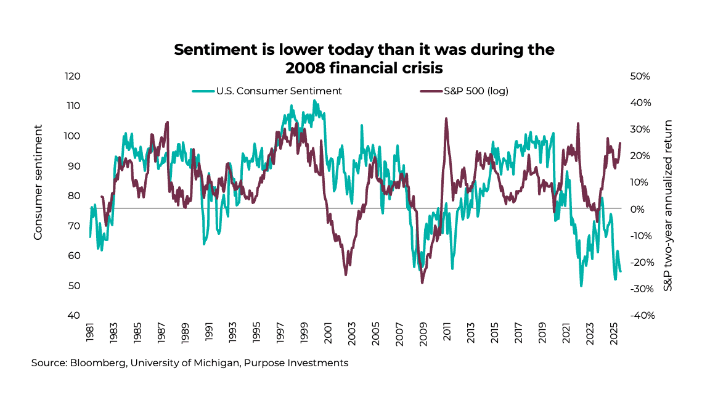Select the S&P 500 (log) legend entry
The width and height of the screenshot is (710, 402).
pos(475,91)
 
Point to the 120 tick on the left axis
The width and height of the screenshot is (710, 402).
pos(73,76)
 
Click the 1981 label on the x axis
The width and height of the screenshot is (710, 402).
pos(91,333)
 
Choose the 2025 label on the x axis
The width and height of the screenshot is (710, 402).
pos(613,333)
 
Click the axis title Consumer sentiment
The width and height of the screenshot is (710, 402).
pos(38,182)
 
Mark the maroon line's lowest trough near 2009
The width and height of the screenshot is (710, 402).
pos(422,283)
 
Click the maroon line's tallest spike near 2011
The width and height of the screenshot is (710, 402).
pos(446,118)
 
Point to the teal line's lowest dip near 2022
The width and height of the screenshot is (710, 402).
pos(581,286)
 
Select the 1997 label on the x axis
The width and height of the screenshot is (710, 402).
pos(280,333)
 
